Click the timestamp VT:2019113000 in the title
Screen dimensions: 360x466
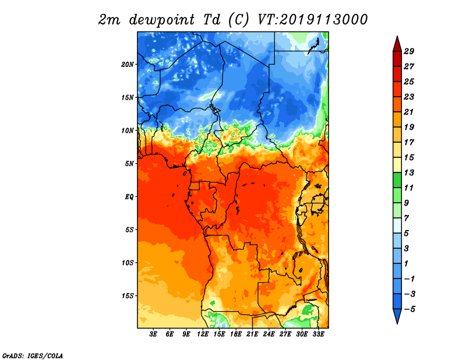pyautogui.click(x=313, y=19)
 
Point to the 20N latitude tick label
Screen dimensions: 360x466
pyautogui.click(x=128, y=64)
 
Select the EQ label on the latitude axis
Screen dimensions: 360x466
pyautogui.click(x=129, y=196)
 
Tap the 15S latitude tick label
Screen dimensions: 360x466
pyautogui.click(x=128, y=295)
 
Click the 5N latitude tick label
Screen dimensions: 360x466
pyautogui.click(x=129, y=163)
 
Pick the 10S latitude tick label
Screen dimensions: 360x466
pyautogui.click(x=128, y=263)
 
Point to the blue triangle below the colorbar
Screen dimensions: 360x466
pyautogui.click(x=397, y=316)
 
